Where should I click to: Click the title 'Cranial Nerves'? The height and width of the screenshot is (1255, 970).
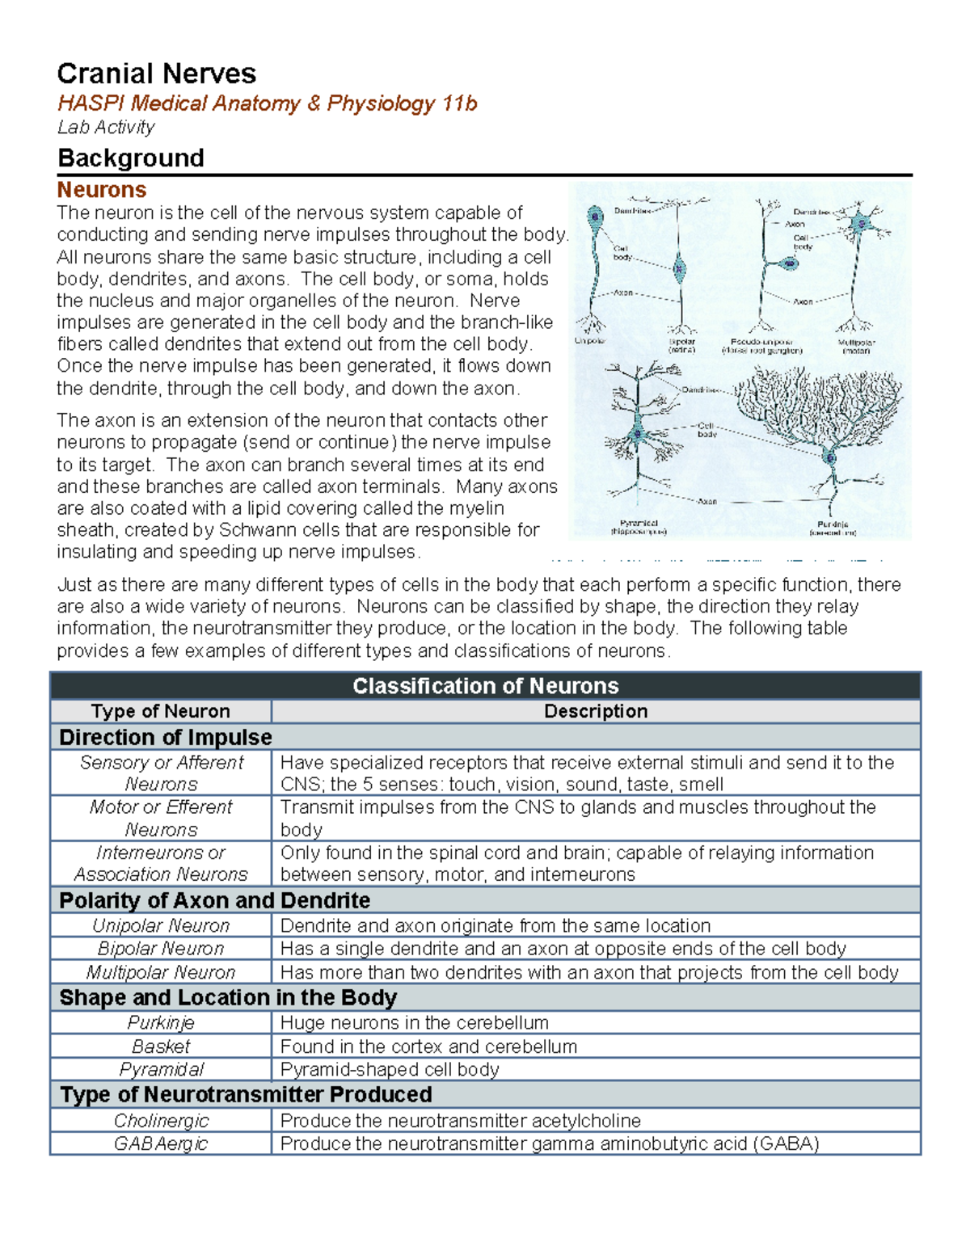[x=156, y=74]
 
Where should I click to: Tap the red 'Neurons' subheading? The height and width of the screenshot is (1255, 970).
[x=102, y=190]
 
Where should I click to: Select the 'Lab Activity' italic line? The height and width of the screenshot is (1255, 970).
[x=106, y=127]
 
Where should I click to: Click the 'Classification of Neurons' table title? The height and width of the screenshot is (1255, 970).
[x=485, y=686]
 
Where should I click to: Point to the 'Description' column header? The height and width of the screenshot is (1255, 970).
[x=596, y=711]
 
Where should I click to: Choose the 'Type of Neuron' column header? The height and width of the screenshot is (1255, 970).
[x=161, y=711]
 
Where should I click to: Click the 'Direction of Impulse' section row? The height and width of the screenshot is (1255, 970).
[x=166, y=737]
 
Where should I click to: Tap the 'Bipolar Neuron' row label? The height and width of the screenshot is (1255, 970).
[x=161, y=949]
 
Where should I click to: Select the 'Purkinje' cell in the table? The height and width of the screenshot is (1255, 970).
[x=161, y=1022]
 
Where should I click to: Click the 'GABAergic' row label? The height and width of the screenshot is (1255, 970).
[x=161, y=1143]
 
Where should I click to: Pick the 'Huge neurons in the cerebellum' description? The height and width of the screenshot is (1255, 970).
[x=414, y=1022]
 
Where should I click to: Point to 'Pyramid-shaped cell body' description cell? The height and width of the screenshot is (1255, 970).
[x=390, y=1069]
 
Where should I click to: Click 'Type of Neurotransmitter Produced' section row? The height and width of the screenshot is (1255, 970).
[x=246, y=1094]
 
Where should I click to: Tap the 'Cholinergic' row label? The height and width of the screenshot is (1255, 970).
[x=161, y=1121]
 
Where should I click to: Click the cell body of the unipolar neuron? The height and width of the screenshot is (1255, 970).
[x=596, y=217]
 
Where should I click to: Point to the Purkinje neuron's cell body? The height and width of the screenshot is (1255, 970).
[x=830, y=458]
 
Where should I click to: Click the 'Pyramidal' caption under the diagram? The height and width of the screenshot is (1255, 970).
[x=639, y=524]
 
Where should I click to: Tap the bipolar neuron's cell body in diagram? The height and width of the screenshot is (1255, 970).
[x=680, y=271]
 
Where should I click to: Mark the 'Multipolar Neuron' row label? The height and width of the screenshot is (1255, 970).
[x=161, y=972]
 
